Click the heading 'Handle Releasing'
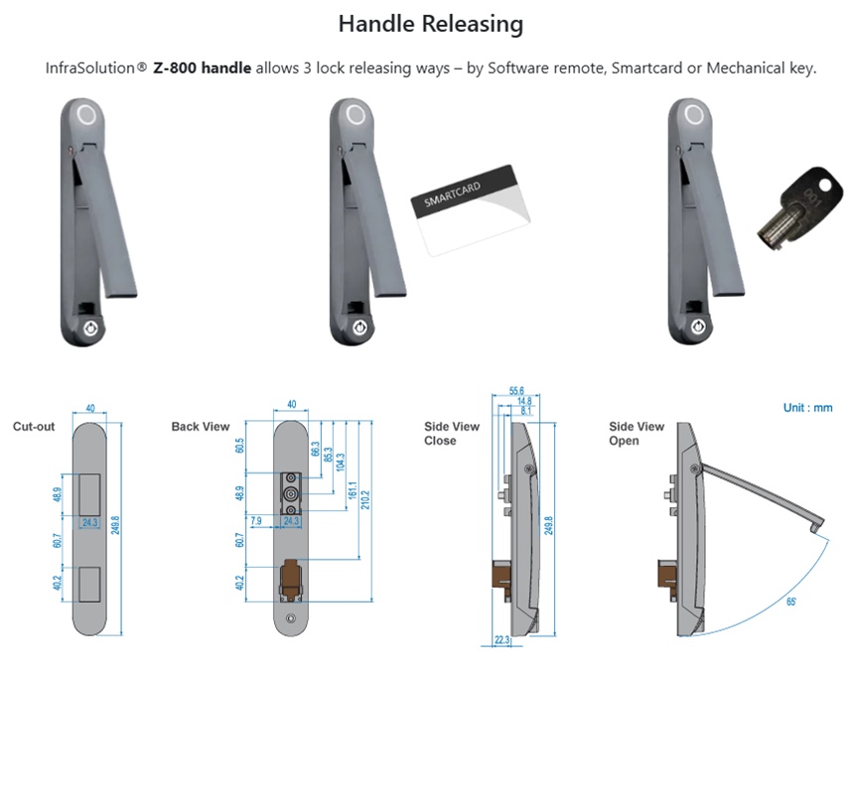[430, 24]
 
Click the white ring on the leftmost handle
[86, 114]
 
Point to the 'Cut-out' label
[34, 427]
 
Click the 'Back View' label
[200, 427]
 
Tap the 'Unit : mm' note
[807, 408]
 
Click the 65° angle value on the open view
[791, 602]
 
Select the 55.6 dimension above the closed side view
[516, 391]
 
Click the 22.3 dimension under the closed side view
[502, 640]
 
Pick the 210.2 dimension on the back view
[366, 496]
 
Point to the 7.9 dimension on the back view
[256, 520]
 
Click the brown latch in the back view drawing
[292, 579]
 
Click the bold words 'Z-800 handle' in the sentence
[202, 68]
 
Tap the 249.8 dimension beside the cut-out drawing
[115, 523]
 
